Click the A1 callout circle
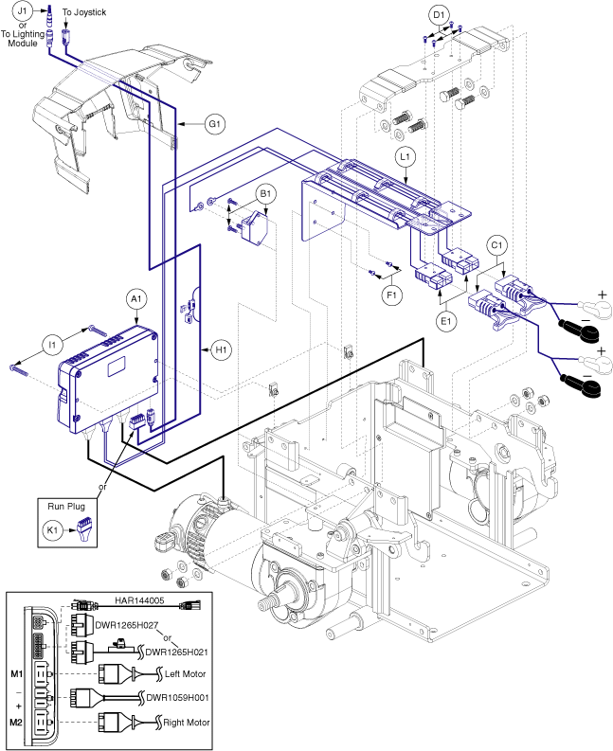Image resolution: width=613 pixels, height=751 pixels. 135,297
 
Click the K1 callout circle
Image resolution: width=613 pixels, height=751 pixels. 54,531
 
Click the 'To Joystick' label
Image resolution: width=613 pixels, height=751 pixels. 84,10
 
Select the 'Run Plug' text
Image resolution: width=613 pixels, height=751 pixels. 70,509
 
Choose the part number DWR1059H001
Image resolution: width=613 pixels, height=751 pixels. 176,697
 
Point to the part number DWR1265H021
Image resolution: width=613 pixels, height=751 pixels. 176,652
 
